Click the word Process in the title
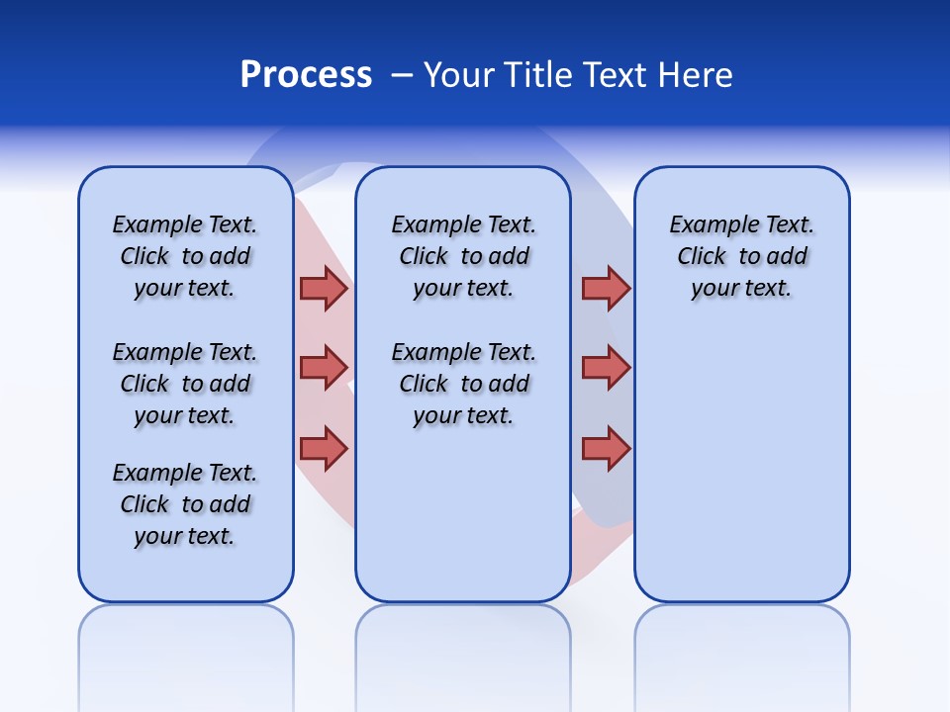pyautogui.click(x=306, y=75)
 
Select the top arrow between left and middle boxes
pyautogui.click(x=324, y=288)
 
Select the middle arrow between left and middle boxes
pyautogui.click(x=324, y=368)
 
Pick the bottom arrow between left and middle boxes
pyautogui.click(x=324, y=448)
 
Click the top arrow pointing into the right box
pyautogui.click(x=606, y=288)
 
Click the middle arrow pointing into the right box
pyautogui.click(x=606, y=368)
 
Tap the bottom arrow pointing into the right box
pyautogui.click(x=606, y=448)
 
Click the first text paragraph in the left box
pyautogui.click(x=185, y=256)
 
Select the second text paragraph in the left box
pyautogui.click(x=185, y=384)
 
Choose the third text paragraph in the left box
pyautogui.click(x=185, y=504)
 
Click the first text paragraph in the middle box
pyautogui.click(x=463, y=256)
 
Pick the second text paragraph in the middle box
pyautogui.click(x=463, y=384)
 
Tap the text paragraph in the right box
pyautogui.click(x=741, y=256)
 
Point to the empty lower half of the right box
pyautogui.click(x=741, y=475)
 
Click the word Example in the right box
pyautogui.click(x=705, y=224)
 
